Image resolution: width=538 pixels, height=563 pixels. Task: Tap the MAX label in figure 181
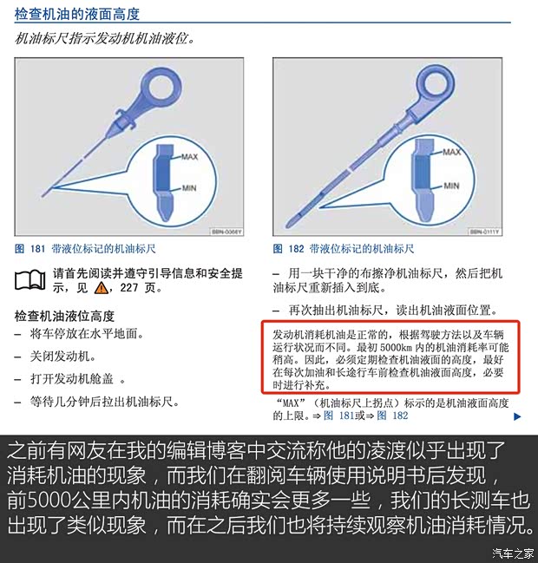click(190, 157)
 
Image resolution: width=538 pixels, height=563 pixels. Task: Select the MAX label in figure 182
click(451, 151)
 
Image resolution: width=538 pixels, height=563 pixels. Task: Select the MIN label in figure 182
click(450, 185)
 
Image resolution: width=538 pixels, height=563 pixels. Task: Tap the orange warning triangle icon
click(102, 288)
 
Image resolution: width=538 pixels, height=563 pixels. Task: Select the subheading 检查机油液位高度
click(65, 316)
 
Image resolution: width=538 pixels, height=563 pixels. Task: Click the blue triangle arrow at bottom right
click(517, 416)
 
